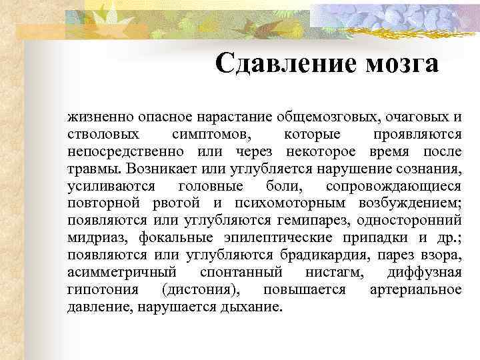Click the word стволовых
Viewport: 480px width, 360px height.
[x=94, y=135]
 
